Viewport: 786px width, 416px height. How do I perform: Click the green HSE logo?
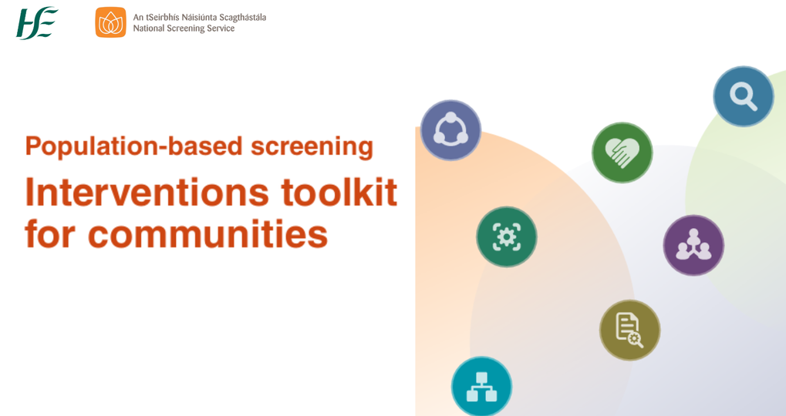pyautogui.click(x=37, y=22)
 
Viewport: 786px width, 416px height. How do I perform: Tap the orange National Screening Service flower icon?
pyautogui.click(x=110, y=22)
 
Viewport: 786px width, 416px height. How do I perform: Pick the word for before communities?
pyautogui.click(x=49, y=233)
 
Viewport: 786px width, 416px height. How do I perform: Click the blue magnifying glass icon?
pyautogui.click(x=743, y=96)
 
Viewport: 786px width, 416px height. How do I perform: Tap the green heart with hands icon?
pyautogui.click(x=622, y=153)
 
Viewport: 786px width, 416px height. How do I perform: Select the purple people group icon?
pyautogui.click(x=693, y=245)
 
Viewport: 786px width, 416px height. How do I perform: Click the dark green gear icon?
pyautogui.click(x=506, y=237)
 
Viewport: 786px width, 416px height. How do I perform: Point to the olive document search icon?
pyautogui.click(x=629, y=330)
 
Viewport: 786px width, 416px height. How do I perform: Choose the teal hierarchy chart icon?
pyautogui.click(x=481, y=387)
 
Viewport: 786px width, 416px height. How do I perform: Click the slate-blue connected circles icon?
pyautogui.click(x=450, y=129)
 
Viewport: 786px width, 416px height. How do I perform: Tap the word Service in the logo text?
pyautogui.click(x=220, y=29)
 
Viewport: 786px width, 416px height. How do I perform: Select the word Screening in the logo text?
pyautogui.click(x=190, y=29)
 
